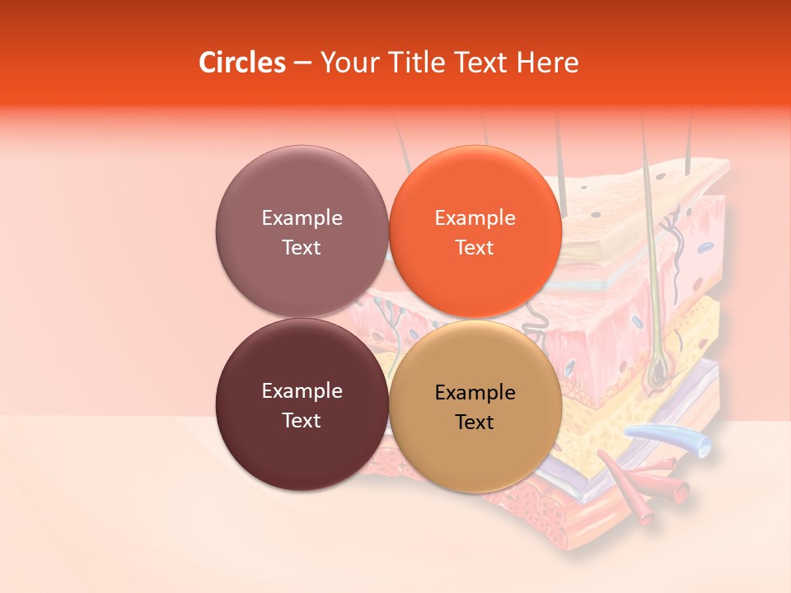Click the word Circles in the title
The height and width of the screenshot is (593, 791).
pyautogui.click(x=241, y=63)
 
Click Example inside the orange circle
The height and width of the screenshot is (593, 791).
pyautogui.click(x=475, y=217)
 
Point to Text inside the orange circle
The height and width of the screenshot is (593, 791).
pyautogui.click(x=475, y=247)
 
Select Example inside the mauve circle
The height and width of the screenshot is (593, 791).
pyautogui.click(x=302, y=217)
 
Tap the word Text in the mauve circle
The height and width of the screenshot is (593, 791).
pyautogui.click(x=302, y=247)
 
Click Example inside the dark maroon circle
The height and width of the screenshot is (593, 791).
pyautogui.click(x=302, y=390)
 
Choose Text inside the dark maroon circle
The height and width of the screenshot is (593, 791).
pyautogui.click(x=302, y=420)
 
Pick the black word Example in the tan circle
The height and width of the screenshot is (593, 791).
pyautogui.click(x=475, y=392)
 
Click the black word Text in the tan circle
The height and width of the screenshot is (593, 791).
pyautogui.click(x=475, y=422)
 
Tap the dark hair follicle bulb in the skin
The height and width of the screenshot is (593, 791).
pyautogui.click(x=658, y=375)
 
